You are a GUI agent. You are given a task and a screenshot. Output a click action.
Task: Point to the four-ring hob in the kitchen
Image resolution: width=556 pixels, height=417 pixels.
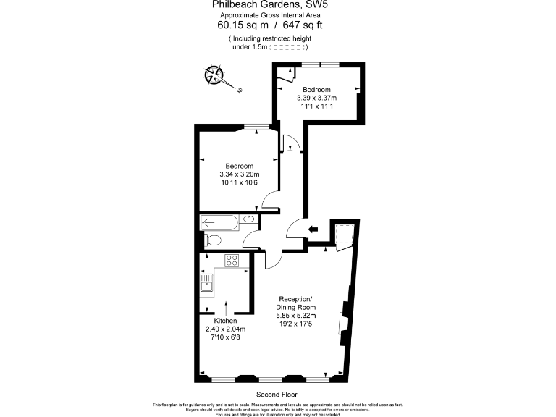pyautogui.click(x=232, y=260)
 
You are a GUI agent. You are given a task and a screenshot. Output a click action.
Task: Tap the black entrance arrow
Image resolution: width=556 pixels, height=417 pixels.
pyautogui.click(x=313, y=229)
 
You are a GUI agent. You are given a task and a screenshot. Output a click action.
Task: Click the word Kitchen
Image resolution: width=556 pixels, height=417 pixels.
pyautogui.click(x=225, y=319)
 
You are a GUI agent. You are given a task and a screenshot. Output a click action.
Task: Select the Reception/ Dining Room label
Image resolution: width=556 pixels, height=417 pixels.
pyautogui.click(x=295, y=303)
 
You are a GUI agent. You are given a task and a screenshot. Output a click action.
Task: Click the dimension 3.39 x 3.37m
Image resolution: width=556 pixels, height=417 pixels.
pyautogui.click(x=316, y=98)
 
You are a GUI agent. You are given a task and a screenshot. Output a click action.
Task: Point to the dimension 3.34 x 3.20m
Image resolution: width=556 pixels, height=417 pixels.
pyautogui.click(x=239, y=174)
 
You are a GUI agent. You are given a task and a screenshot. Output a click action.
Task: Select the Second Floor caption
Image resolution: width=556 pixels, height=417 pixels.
pyautogui.click(x=277, y=394)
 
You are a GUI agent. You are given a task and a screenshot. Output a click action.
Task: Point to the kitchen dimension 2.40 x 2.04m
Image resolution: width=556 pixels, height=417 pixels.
pyautogui.click(x=225, y=328)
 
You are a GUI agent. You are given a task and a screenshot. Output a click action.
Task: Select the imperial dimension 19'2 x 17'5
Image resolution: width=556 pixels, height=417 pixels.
pyautogui.click(x=295, y=324)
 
